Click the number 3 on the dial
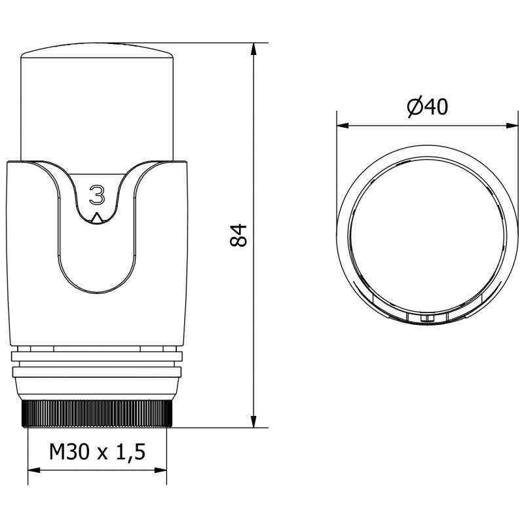[x=97, y=195]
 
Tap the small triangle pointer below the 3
[x=97, y=218]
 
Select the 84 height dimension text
[x=240, y=235]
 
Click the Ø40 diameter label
[x=426, y=107]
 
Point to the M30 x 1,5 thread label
[x=96, y=452]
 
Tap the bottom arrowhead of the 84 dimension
[x=254, y=422]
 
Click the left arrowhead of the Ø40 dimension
[x=341, y=124]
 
